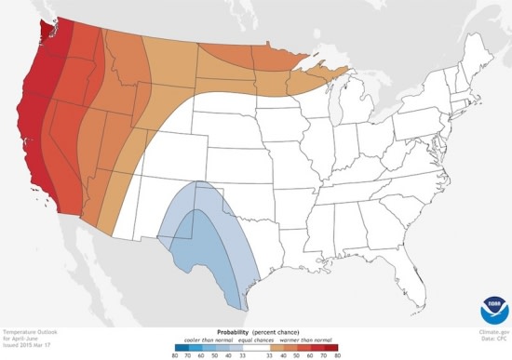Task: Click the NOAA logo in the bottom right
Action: click(x=494, y=310)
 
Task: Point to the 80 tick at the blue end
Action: click(x=173, y=354)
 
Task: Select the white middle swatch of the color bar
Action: click(x=254, y=346)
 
